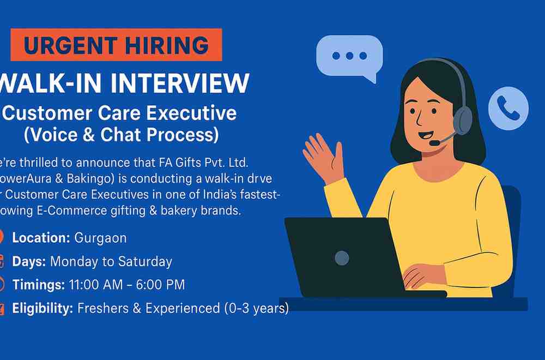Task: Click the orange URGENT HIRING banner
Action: pos(116,45)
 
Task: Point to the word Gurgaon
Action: pos(100,238)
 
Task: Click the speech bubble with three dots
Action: pos(349,57)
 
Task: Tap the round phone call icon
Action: pos(508,108)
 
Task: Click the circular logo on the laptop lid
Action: pos(342,257)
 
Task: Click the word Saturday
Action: pos(149,261)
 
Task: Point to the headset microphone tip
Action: pos(433,143)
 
